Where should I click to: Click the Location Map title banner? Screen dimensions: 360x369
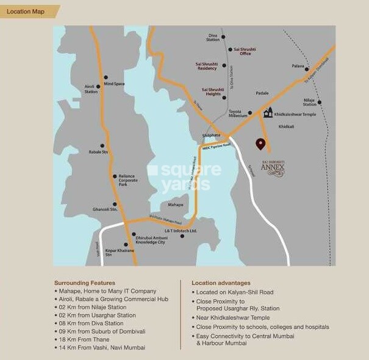click(x=26, y=11)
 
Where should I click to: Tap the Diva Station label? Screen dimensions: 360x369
click(x=213, y=38)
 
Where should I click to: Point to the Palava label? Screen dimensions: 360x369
click(x=298, y=66)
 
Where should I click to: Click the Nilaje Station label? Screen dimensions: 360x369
click(x=310, y=102)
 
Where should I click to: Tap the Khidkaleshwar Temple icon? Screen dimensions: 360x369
click(x=268, y=112)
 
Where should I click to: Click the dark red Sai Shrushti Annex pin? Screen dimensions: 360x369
click(x=260, y=144)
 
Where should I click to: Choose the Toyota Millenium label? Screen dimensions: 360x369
click(x=238, y=113)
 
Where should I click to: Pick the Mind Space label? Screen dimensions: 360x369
click(x=114, y=83)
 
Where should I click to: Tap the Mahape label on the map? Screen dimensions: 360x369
click(x=176, y=205)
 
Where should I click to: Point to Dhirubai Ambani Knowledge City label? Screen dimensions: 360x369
click(x=150, y=239)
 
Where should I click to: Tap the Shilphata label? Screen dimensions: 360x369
click(x=210, y=135)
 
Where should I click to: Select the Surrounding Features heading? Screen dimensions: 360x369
click(x=84, y=283)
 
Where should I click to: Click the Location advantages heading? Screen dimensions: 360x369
click(x=221, y=283)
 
